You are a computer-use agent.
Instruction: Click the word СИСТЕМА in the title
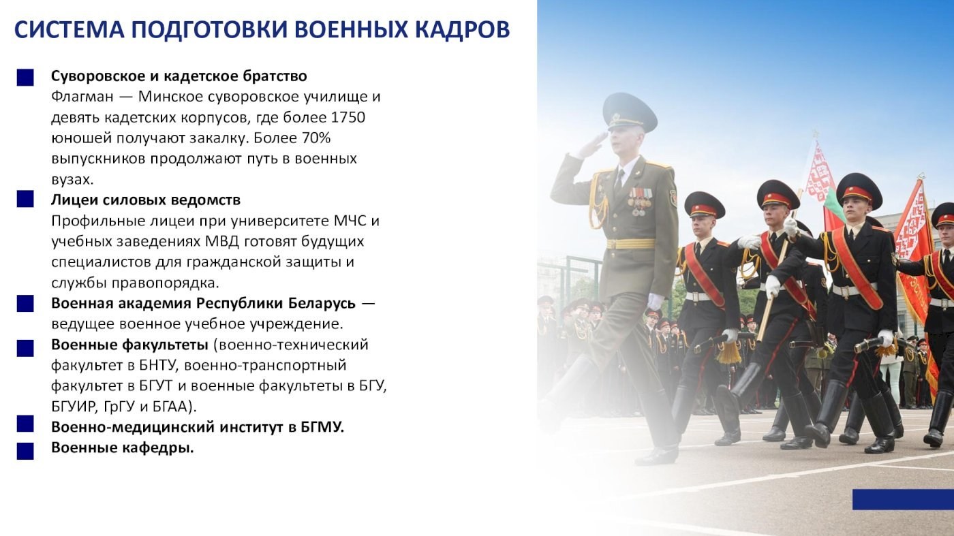coord(70,29)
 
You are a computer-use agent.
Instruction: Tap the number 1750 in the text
coord(348,117)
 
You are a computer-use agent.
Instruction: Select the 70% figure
coord(316,138)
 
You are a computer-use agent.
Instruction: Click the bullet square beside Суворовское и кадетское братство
coord(25,78)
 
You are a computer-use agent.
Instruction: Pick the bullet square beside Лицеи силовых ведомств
coord(25,200)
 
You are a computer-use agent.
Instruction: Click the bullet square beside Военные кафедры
coord(25,452)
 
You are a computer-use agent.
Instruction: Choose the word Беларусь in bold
coord(322,303)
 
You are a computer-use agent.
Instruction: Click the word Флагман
coord(82,97)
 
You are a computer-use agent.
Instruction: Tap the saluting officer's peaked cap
coord(630,111)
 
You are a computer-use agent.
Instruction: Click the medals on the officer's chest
coord(640,201)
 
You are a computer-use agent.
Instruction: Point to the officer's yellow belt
coord(631,244)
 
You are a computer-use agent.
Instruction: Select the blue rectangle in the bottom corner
coord(904,499)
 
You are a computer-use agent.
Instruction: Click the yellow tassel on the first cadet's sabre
coord(728,353)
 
